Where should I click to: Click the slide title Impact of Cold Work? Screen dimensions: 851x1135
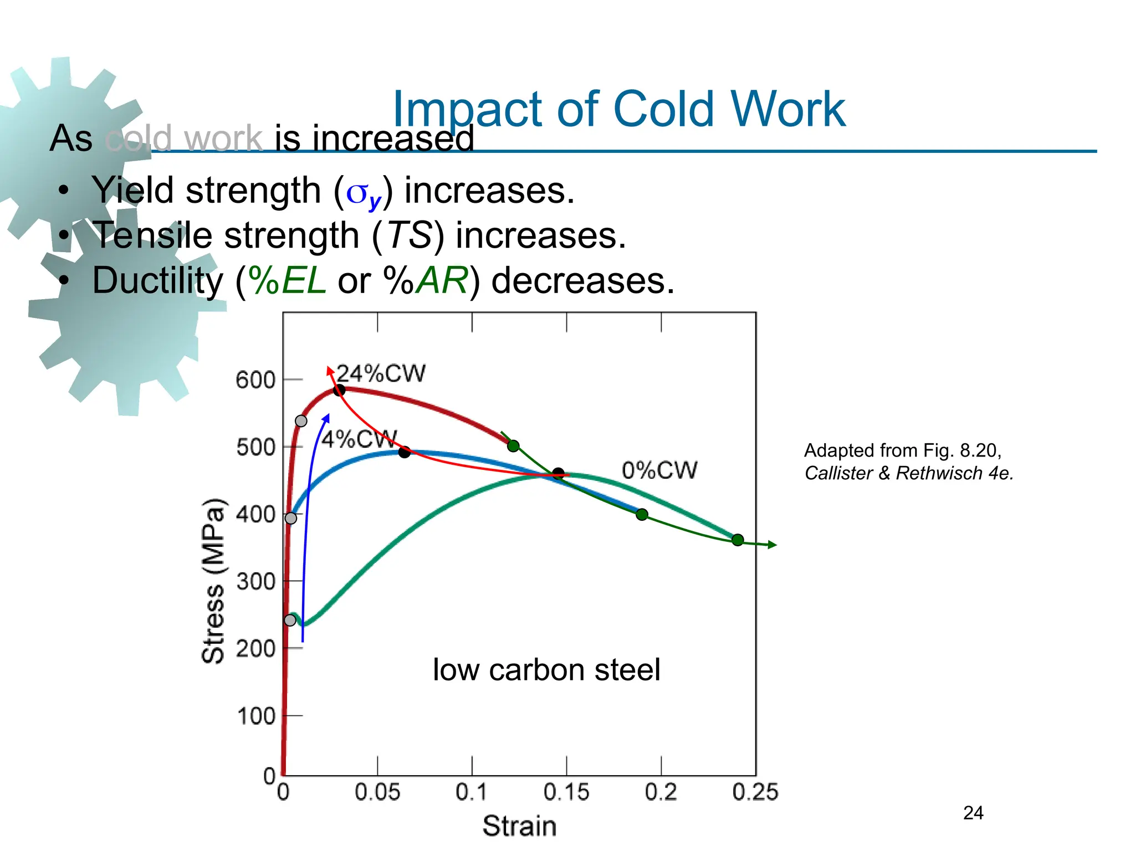pyautogui.click(x=618, y=109)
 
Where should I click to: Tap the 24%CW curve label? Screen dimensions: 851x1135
pyautogui.click(x=381, y=373)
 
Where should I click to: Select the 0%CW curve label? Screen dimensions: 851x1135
pyautogui.click(x=659, y=470)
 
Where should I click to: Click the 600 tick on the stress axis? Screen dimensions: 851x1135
pyautogui.click(x=255, y=380)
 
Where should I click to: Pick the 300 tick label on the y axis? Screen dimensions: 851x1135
pyautogui.click(x=255, y=582)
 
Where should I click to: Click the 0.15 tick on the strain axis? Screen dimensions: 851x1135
pyautogui.click(x=566, y=792)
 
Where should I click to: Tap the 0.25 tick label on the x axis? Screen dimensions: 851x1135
pyautogui.click(x=755, y=792)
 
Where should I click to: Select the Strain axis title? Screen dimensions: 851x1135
pyautogui.click(x=519, y=826)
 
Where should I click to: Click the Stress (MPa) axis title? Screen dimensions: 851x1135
pyautogui.click(x=213, y=581)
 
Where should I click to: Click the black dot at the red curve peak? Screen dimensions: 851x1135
pyautogui.click(x=339, y=390)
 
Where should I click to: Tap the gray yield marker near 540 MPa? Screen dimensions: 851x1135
pyautogui.click(x=301, y=421)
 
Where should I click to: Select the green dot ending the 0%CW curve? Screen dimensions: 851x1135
pyautogui.click(x=738, y=540)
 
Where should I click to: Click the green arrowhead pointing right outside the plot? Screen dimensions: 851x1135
pyautogui.click(x=773, y=545)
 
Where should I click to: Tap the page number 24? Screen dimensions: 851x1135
pyautogui.click(x=973, y=813)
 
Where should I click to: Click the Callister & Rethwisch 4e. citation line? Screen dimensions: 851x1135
pyautogui.click(x=909, y=473)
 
